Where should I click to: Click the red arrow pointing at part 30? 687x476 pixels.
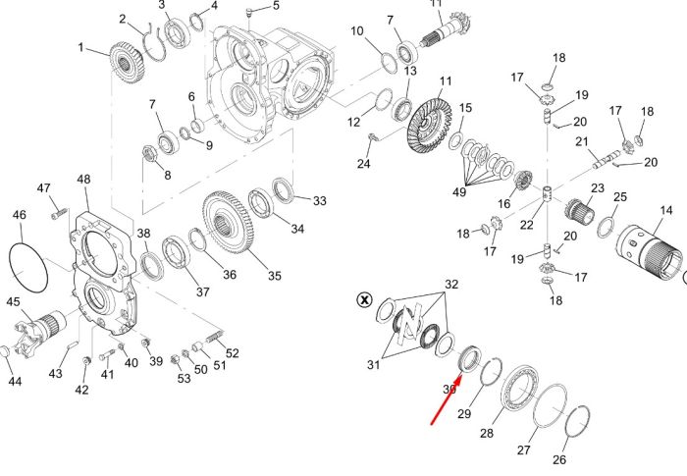[x=446, y=399]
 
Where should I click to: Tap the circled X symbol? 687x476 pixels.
[x=364, y=300]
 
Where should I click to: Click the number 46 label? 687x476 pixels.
[x=19, y=215]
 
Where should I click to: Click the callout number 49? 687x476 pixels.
[x=458, y=192]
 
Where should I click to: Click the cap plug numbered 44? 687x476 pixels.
[x=4, y=351]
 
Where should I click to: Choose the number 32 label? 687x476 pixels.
[x=451, y=285]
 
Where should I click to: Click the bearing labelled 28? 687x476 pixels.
[x=521, y=388]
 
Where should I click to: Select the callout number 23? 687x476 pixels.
[x=597, y=188]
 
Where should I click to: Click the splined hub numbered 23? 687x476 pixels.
[x=579, y=210]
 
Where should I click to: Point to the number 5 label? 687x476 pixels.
[x=276, y=5]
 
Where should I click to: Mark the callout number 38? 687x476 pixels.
[x=143, y=234]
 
